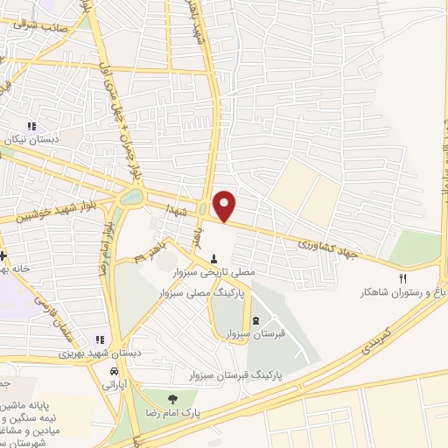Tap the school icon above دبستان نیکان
(33, 126)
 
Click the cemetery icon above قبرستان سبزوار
(255, 319)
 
